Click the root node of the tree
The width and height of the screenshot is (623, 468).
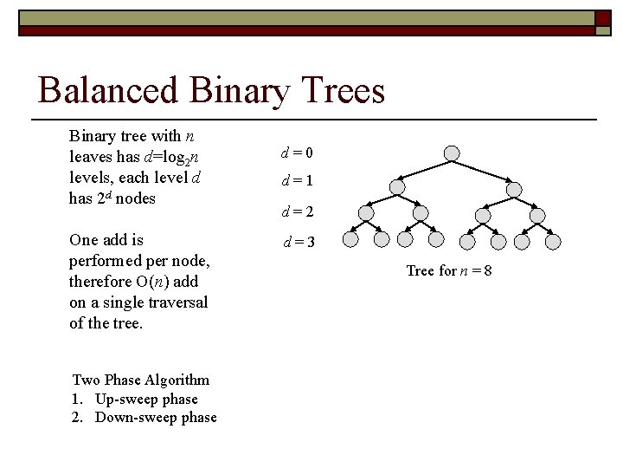pyautogui.click(x=452, y=153)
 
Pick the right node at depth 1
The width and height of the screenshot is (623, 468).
pyautogui.click(x=514, y=189)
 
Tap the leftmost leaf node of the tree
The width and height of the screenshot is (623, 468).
pyautogui.click(x=350, y=239)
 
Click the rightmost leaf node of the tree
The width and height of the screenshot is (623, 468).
pyautogui.click(x=553, y=239)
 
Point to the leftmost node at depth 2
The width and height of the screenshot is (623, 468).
pyautogui.click(x=366, y=213)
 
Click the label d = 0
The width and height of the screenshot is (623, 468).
pyautogui.click(x=297, y=153)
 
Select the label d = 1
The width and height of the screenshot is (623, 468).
pyautogui.click(x=297, y=182)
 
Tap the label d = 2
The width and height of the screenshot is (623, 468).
pyautogui.click(x=297, y=211)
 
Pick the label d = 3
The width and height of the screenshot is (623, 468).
pyautogui.click(x=299, y=242)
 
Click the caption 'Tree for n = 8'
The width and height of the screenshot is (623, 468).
pyautogui.click(x=449, y=270)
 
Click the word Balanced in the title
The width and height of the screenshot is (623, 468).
pyautogui.click(x=108, y=90)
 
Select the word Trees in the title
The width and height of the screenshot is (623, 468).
pyautogui.click(x=341, y=90)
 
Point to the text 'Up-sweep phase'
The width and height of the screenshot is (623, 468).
pyautogui.click(x=146, y=399)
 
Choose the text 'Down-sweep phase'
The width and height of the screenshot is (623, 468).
pyautogui.click(x=156, y=417)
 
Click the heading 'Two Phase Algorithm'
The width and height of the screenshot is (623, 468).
pyautogui.click(x=141, y=380)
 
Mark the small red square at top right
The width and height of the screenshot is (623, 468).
pyautogui.click(x=603, y=17)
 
